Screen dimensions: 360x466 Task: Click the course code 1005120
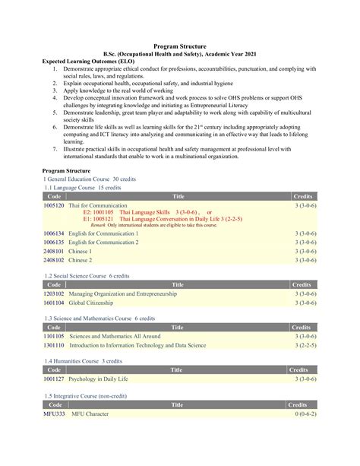pos(53,205)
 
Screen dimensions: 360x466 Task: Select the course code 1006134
pos(53,233)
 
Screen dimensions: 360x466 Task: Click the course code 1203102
pos(53,293)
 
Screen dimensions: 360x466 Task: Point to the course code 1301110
pos(53,344)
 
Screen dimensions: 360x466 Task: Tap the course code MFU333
pos(53,414)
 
